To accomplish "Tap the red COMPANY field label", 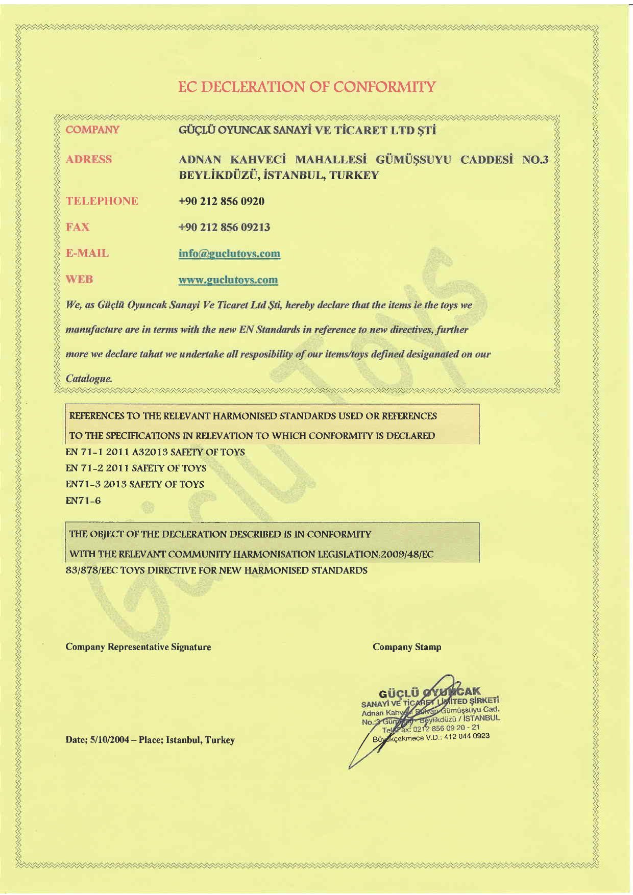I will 93,130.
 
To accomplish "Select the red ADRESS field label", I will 89,159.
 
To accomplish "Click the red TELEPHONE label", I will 102,201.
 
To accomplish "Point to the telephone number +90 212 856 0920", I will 221,201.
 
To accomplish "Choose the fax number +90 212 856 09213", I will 224,227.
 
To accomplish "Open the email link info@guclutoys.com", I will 229,254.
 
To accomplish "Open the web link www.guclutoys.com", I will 228,280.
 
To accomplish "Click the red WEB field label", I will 80,280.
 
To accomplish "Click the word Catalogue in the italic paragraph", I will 89,379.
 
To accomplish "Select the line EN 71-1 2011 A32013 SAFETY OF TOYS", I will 155,452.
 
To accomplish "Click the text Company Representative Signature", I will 138,647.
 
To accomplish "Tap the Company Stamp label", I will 407,647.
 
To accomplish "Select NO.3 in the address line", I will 535,160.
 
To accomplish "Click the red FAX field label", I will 78,227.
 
